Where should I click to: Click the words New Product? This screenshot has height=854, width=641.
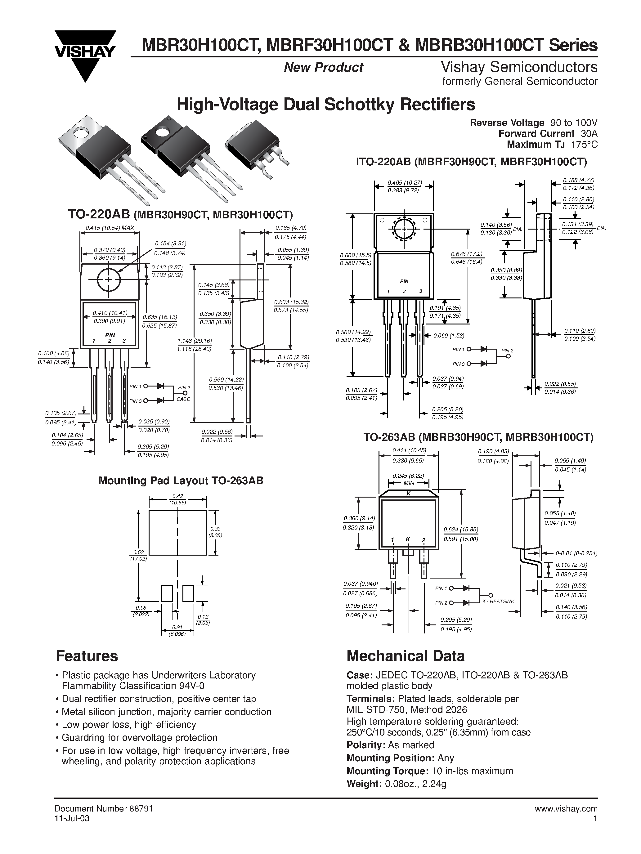click(323, 68)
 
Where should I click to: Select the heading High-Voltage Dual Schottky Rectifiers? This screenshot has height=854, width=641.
click(325, 105)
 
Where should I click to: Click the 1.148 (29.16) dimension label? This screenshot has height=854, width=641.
click(194, 341)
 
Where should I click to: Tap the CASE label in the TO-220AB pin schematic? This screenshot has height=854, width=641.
click(183, 399)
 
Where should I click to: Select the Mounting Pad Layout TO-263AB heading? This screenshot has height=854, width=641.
click(181, 480)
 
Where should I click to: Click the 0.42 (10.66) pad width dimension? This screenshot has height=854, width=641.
click(178, 499)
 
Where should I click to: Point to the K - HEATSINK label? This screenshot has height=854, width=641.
click(498, 601)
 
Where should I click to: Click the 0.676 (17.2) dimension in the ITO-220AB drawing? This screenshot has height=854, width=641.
click(467, 254)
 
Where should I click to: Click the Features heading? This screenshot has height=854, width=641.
click(87, 656)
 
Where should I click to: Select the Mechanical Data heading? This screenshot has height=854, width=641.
click(406, 656)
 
